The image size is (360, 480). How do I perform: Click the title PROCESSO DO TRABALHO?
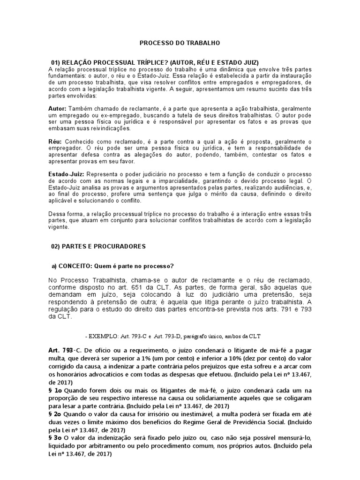point(180,43)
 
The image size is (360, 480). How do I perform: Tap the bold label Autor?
point(57,108)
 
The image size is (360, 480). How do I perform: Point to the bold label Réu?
point(55,142)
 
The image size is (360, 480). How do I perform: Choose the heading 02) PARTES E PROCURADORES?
point(98,246)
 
